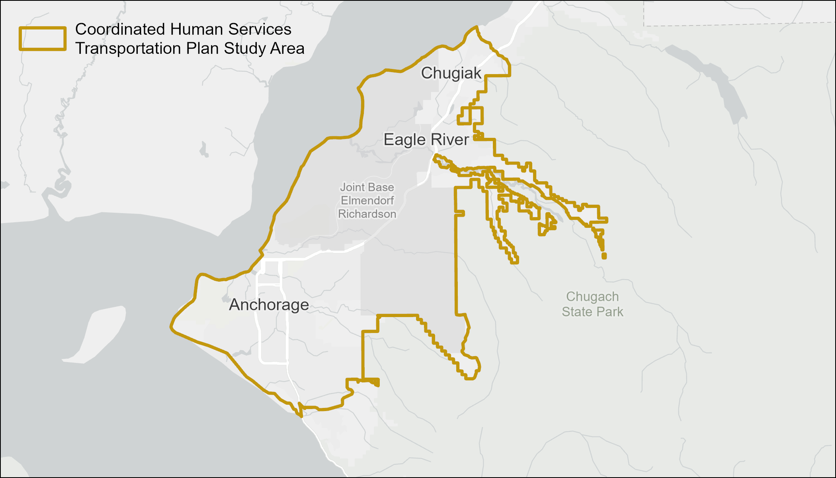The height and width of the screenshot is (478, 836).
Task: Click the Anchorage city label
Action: (269, 305)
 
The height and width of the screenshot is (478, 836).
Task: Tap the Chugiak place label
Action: (451, 73)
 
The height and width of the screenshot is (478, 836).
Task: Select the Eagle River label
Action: (426, 140)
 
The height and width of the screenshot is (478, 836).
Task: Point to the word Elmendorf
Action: (367, 200)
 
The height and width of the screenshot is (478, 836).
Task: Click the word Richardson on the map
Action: (367, 214)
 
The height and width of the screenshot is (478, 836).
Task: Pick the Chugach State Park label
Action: (592, 304)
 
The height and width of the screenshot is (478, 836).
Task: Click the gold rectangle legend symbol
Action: (43, 39)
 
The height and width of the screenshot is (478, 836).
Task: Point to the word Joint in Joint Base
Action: (352, 187)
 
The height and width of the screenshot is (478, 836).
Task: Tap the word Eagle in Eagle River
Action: (404, 140)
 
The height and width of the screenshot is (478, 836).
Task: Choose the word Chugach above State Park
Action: (592, 297)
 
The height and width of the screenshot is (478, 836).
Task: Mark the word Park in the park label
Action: (611, 311)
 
